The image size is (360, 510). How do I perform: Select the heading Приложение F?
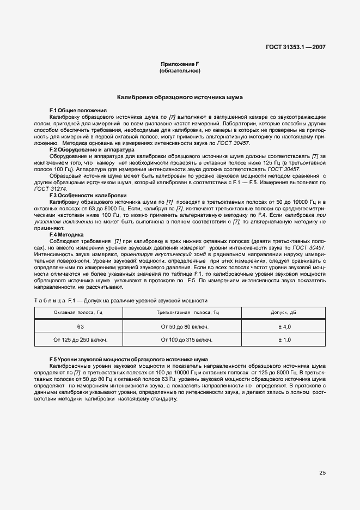(x=180, y=64)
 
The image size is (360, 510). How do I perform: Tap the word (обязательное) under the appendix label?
(x=180, y=71)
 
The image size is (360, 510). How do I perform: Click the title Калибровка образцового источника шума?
(x=180, y=98)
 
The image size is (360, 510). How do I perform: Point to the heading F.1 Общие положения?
(x=78, y=111)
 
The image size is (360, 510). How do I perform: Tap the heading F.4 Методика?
(x=66, y=234)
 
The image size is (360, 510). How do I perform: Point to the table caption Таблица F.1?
(x=121, y=300)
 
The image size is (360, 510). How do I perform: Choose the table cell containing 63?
(x=80, y=326)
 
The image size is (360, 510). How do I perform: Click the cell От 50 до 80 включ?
(x=186, y=326)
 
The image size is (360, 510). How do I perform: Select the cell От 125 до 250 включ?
(x=80, y=339)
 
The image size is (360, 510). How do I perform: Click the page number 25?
(x=322, y=473)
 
